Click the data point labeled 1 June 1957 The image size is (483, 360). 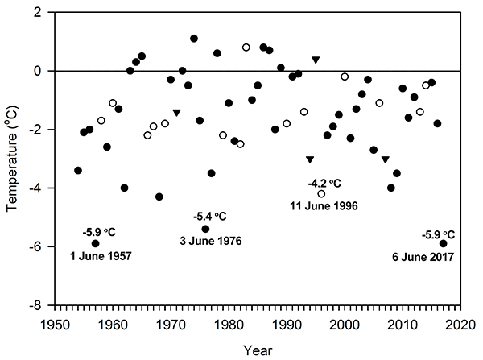[96, 243]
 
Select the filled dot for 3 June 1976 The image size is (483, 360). [205, 229]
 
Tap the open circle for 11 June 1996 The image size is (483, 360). [322, 193]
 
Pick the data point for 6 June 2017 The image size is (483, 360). [444, 243]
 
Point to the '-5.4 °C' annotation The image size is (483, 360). [210, 217]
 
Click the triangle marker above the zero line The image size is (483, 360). [316, 60]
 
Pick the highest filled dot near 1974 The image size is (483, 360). [194, 38]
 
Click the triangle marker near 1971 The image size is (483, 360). [176, 113]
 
